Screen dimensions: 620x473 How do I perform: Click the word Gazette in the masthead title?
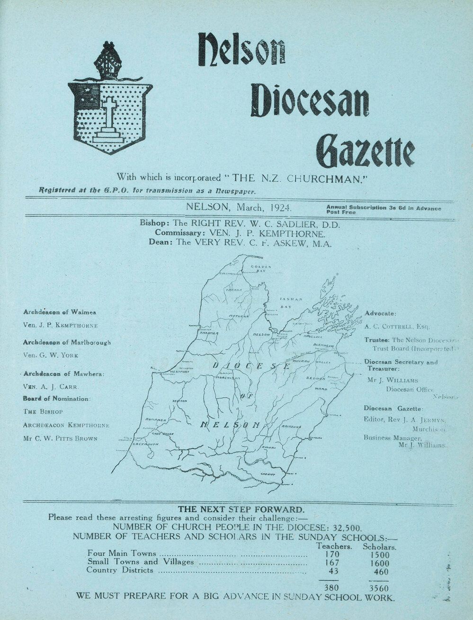coord(365,150)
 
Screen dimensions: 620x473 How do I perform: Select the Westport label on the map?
coord(179,372)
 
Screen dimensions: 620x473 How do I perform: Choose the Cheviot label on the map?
coord(268,473)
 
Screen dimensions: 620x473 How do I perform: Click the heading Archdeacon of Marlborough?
coord(67,342)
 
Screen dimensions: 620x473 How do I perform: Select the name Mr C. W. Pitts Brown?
coord(60,438)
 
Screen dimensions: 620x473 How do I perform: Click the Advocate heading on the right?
coord(381,313)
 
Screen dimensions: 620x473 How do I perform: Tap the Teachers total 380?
coord(330,588)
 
